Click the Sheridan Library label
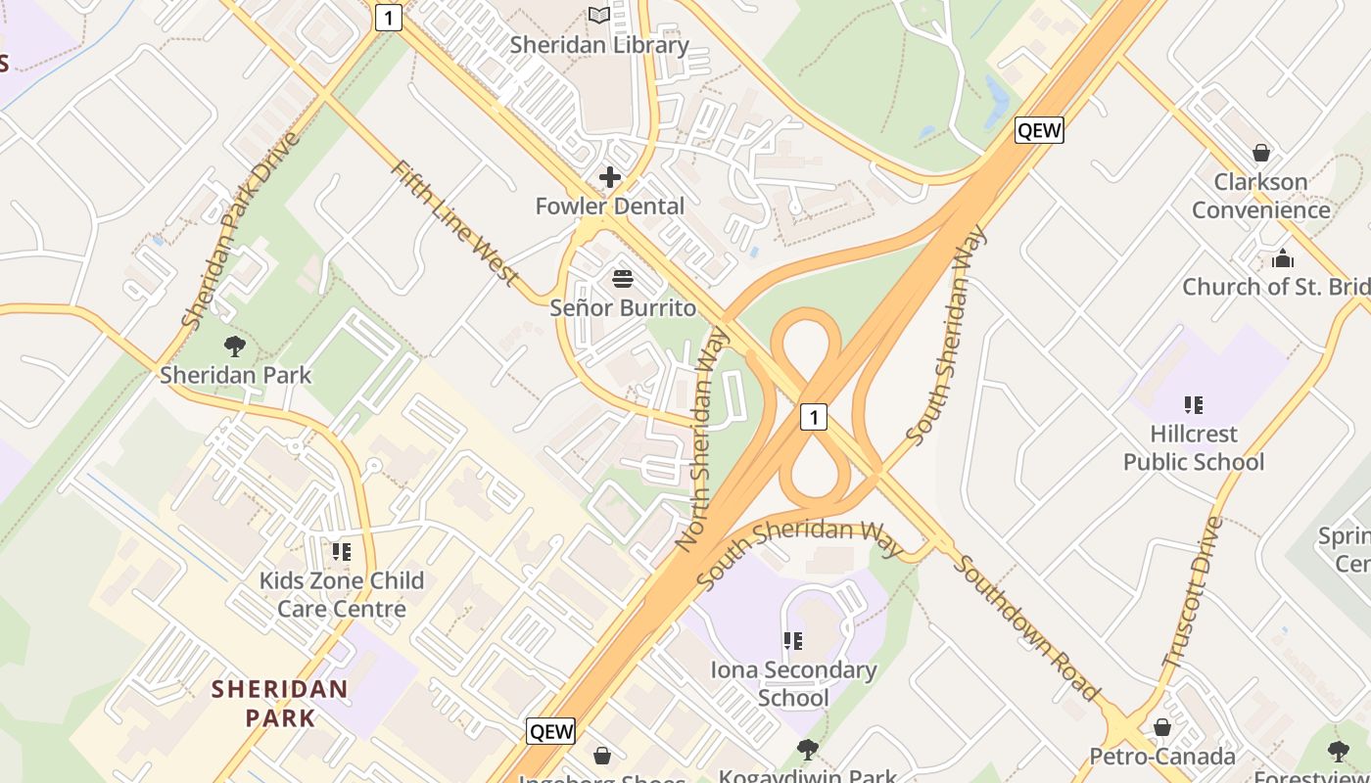[x=599, y=45]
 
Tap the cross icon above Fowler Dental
[x=609, y=177]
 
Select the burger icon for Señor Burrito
[x=623, y=279]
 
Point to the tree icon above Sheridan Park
[x=234, y=345]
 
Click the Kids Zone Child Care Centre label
[x=341, y=594]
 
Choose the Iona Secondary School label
[x=793, y=683]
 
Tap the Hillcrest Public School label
[x=1193, y=447]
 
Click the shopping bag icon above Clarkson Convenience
[x=1261, y=153]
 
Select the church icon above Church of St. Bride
[x=1282, y=258]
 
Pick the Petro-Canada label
[x=1162, y=757]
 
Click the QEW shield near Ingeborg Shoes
[x=550, y=730]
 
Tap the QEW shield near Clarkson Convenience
[x=1038, y=130]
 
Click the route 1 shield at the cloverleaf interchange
[x=813, y=417]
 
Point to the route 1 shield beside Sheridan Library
[x=389, y=17]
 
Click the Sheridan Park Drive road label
[x=240, y=230]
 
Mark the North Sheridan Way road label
[x=703, y=438]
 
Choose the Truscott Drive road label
[x=1192, y=593]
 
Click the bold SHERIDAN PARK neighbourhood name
[x=280, y=703]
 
